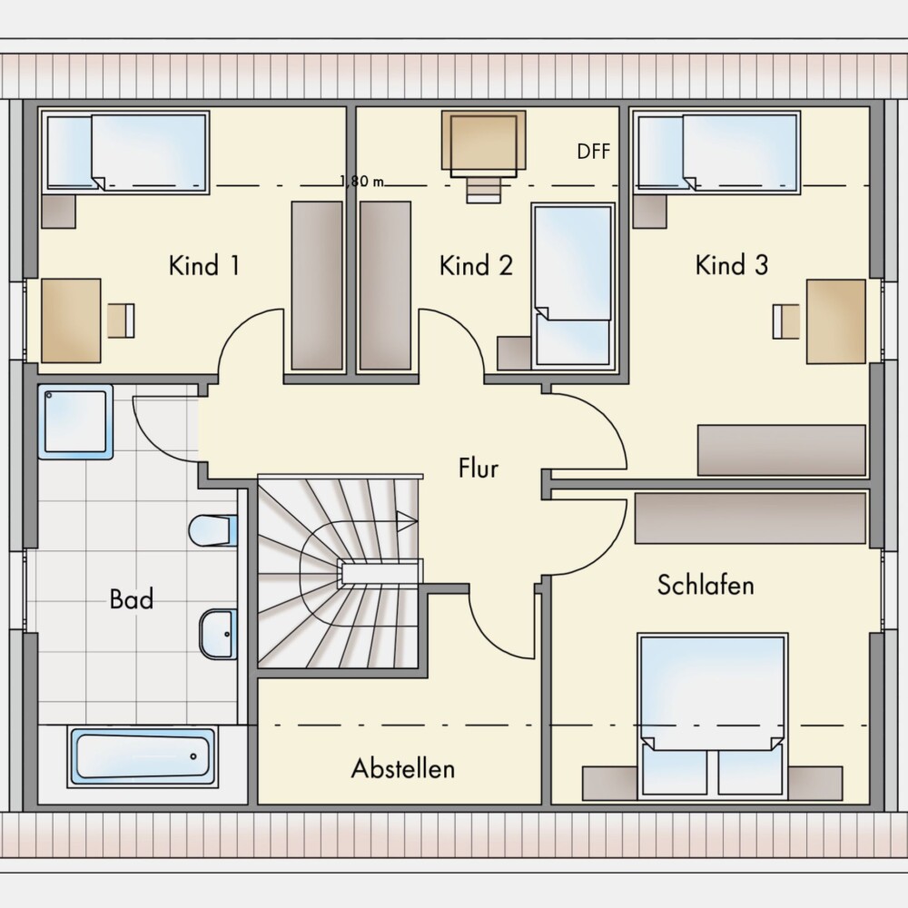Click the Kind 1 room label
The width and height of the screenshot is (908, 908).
click(203, 265)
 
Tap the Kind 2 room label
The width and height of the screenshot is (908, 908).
click(476, 265)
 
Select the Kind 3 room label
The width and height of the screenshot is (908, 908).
click(731, 264)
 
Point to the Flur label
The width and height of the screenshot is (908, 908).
click(478, 468)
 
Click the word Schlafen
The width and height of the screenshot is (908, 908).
click(706, 585)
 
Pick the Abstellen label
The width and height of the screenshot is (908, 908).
click(403, 768)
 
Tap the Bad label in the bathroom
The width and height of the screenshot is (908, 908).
click(132, 598)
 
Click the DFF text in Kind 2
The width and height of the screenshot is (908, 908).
click(594, 151)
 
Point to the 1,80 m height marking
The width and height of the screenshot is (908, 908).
click(362, 182)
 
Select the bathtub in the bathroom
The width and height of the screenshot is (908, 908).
click(143, 756)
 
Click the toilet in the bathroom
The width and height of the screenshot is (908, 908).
click(213, 530)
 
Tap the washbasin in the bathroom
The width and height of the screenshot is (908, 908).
click(218, 634)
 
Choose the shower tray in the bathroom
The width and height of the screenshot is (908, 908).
click(75, 421)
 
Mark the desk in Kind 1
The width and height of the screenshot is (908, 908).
click(71, 321)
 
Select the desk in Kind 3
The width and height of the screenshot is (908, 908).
click(836, 321)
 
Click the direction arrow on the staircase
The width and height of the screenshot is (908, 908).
click(407, 520)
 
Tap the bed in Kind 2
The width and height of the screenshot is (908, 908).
click(573, 287)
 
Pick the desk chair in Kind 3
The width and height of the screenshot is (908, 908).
click(785, 321)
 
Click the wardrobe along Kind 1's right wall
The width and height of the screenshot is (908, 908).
click(317, 285)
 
